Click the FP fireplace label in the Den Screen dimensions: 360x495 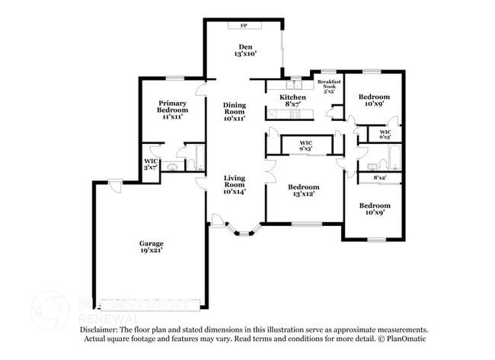coord(244,26)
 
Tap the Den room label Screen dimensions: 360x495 coord(244,47)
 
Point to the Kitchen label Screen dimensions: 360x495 coord(292,97)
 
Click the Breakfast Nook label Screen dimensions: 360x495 coord(329,83)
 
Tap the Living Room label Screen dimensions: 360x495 coord(235,181)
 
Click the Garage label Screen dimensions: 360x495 coord(150,244)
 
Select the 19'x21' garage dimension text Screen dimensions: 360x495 coord(150,250)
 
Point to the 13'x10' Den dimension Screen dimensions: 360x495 coord(245,54)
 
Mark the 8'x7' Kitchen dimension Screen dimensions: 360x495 coord(292,105)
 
